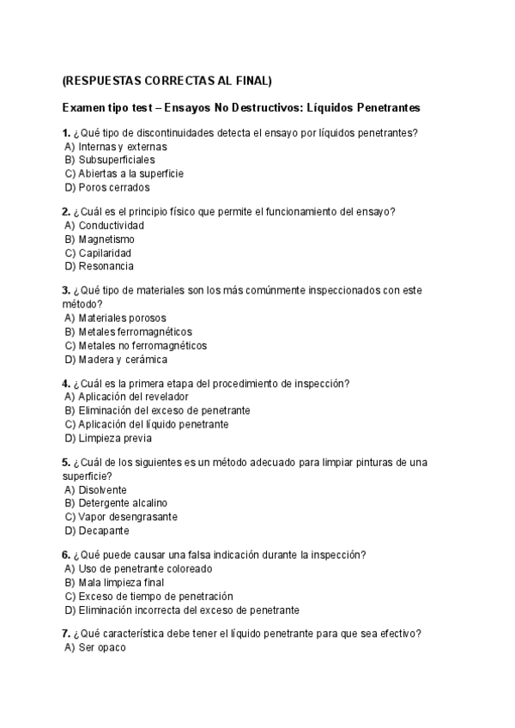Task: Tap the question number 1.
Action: pos(65,133)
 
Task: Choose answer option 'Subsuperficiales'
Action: pos(116,160)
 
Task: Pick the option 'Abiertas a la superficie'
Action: pos(130,173)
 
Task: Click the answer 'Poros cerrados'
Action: pos(113,187)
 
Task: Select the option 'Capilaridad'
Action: pos(105,253)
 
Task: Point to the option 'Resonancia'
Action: pos(106,267)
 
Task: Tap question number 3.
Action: pos(65,291)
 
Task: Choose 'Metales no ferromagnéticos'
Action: pos(142,346)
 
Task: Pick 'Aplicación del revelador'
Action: pos(133,397)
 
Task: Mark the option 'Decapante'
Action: pos(101,531)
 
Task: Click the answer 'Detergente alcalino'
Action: pos(123,503)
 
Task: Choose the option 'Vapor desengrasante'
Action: pos(127,517)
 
